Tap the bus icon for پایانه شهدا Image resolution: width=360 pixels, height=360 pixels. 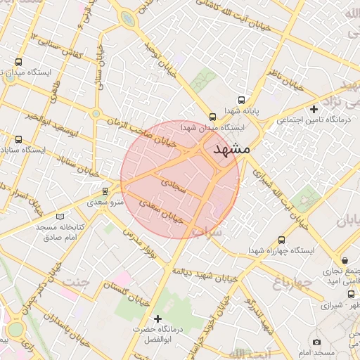(242, 101)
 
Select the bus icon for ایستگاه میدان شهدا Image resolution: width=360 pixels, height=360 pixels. (212, 117)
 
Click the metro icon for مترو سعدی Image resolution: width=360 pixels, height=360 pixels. (105, 191)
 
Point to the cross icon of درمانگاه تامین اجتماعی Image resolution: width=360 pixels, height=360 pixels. (314, 109)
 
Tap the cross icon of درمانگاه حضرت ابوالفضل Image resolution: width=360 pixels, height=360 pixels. (157, 319)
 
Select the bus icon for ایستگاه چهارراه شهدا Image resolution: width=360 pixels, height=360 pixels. (283, 239)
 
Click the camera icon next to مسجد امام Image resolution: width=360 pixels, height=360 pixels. (316, 342)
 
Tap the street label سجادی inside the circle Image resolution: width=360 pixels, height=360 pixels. (174, 185)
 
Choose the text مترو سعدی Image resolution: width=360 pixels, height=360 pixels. (106, 202)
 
